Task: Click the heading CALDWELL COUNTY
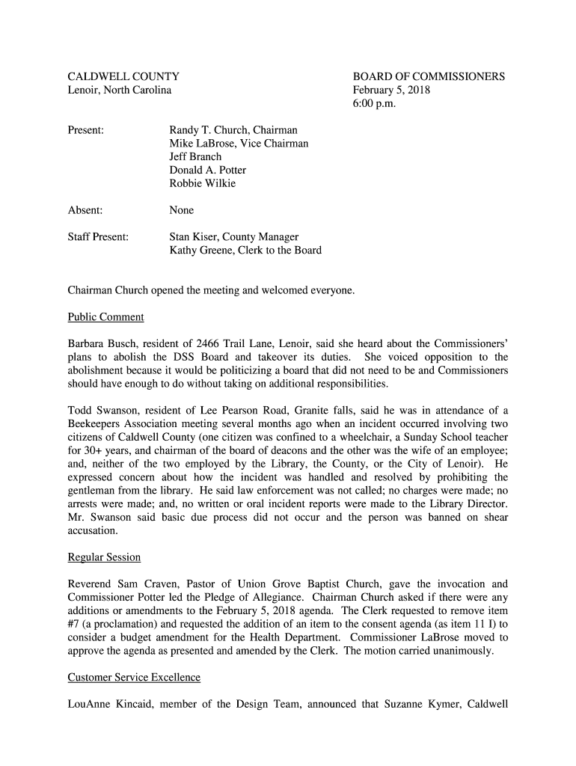tap(123, 76)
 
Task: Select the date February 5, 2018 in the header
tap(391, 90)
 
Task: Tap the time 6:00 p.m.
tap(374, 103)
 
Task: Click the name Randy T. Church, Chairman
tap(233, 130)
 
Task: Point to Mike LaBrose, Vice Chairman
tap(239, 144)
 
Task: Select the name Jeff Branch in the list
tap(195, 157)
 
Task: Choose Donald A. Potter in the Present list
tap(207, 170)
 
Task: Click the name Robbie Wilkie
tap(202, 183)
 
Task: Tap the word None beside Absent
tap(181, 210)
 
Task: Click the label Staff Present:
tap(98, 237)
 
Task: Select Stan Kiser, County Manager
tap(234, 237)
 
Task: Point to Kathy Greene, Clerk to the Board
tap(245, 251)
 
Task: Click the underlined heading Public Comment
tap(105, 317)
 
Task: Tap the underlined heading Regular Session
tap(104, 557)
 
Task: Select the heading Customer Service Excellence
tap(134, 678)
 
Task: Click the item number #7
tap(75, 624)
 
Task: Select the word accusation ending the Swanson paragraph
tap(93, 530)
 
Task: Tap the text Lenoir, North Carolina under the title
tap(120, 90)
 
